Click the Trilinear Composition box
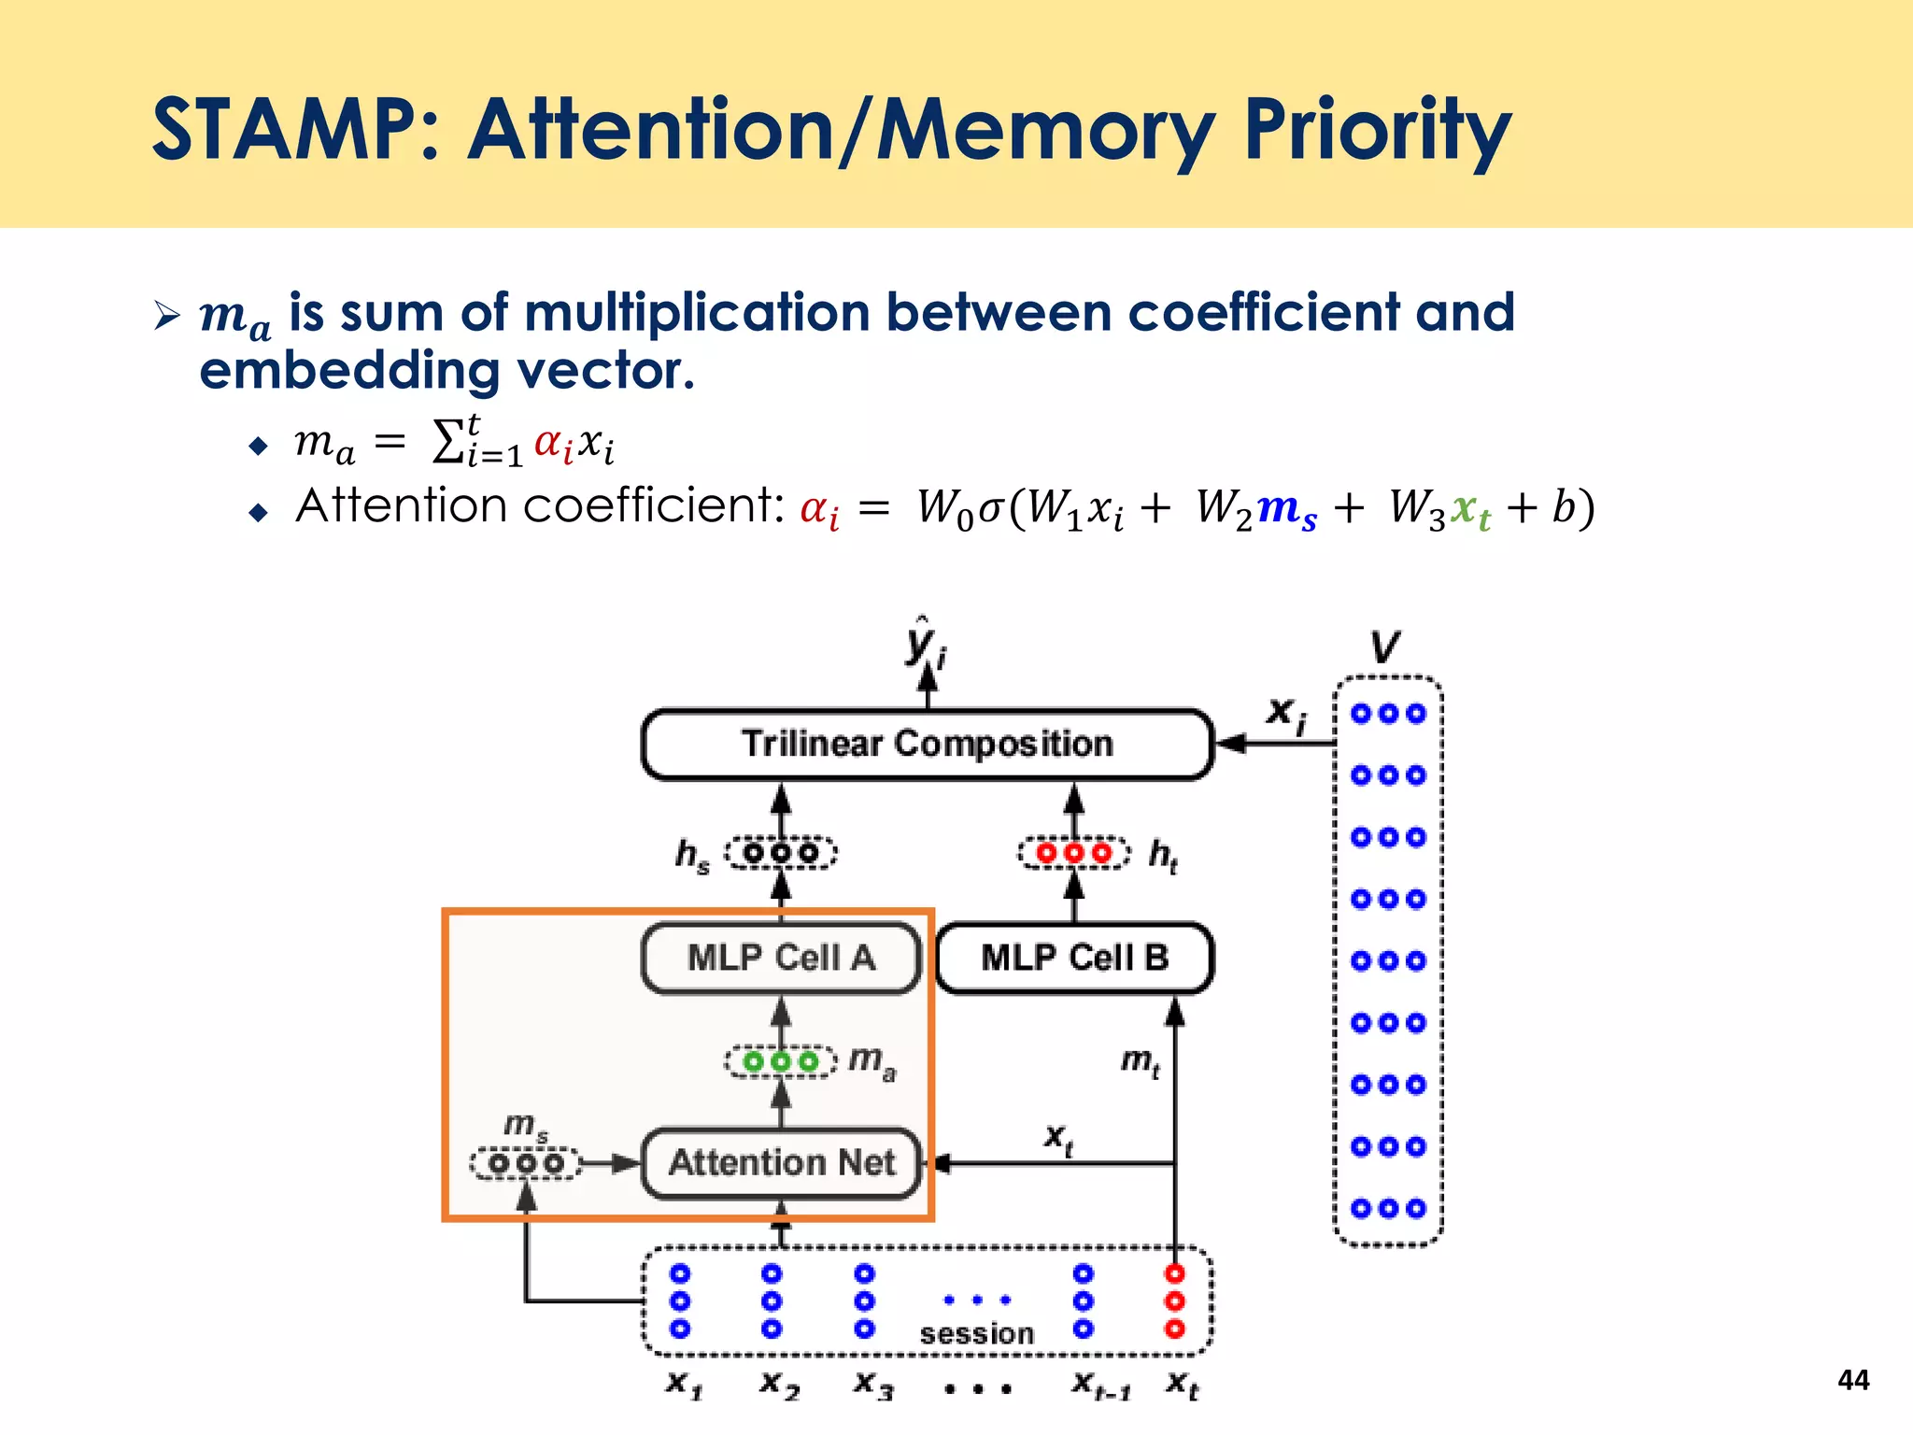pyautogui.click(x=927, y=744)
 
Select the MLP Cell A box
pyautogui.click(x=781, y=958)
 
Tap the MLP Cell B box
pyautogui.click(x=1074, y=958)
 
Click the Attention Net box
pyautogui.click(x=781, y=1163)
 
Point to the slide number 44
pyautogui.click(x=1853, y=1380)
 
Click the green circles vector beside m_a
pyautogui.click(x=781, y=1062)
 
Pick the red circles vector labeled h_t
pyautogui.click(x=1074, y=853)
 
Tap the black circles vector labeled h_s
pyautogui.click(x=781, y=853)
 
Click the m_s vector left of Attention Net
pyautogui.click(x=526, y=1164)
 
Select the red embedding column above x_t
pyautogui.click(x=1174, y=1300)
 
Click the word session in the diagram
pyautogui.click(x=976, y=1334)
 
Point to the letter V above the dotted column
pyautogui.click(x=1386, y=646)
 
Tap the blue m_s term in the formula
pyautogui.click(x=1287, y=509)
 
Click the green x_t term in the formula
pyautogui.click(x=1470, y=509)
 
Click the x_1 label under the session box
pyautogui.click(x=684, y=1384)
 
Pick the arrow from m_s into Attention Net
pyautogui.click(x=612, y=1164)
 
